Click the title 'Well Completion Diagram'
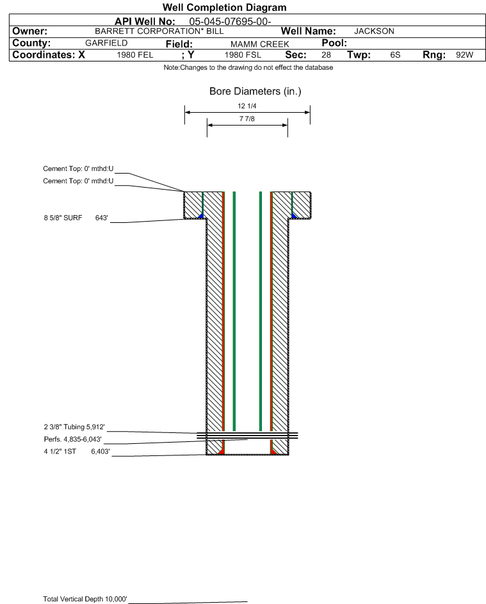point(225,7)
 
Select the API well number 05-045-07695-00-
point(230,22)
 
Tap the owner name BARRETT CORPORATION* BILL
point(159,31)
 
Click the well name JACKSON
point(374,31)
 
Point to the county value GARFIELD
point(106,43)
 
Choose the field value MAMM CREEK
point(259,44)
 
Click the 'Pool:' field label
point(334,43)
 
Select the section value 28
point(326,54)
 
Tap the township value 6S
point(395,54)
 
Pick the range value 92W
point(464,54)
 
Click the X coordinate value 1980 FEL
point(134,55)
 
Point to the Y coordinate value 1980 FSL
point(243,55)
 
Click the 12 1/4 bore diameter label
point(247,106)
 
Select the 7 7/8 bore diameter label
point(247,118)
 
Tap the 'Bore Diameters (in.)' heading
point(255,92)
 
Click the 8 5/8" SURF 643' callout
point(76,218)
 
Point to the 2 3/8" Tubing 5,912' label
point(74,427)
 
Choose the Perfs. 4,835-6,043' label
point(73,439)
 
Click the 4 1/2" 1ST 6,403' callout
point(77,452)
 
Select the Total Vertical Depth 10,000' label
point(85,599)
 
